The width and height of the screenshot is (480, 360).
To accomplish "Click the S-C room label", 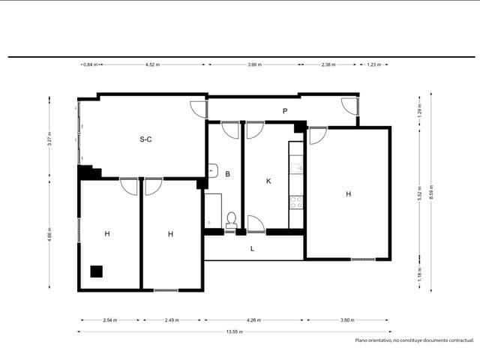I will coord(145,139).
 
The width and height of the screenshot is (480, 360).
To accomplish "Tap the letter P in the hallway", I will coord(285,111).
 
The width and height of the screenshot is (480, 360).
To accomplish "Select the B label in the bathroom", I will coord(227,174).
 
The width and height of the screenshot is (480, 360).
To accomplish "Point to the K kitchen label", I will coord(268,181).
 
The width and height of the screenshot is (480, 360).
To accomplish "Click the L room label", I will coord(252,248).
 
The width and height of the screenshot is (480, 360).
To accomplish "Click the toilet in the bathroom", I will coord(232,220).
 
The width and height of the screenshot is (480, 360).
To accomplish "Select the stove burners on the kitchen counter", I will coord(296,202).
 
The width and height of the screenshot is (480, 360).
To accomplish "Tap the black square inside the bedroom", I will coord(96,271).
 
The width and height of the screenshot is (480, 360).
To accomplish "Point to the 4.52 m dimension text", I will coord(151,64).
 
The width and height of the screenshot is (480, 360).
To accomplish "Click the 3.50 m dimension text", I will coord(346,320).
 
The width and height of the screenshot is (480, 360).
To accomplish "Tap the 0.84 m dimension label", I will coord(90,64).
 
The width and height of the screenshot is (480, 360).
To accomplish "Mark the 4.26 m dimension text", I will coord(254,320).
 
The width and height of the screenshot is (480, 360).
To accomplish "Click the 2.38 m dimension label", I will coord(328,64).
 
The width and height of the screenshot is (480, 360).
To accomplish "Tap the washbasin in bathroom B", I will coord(212,169).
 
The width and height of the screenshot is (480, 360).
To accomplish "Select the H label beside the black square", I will coord(107,234).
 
